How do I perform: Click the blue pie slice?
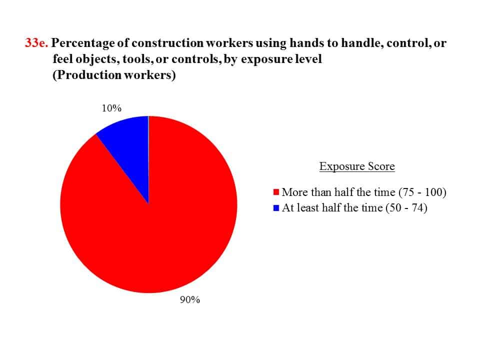pyautogui.click(x=128, y=147)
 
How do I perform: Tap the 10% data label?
pyautogui.click(x=111, y=108)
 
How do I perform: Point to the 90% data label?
pyautogui.click(x=190, y=299)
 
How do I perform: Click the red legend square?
pyautogui.click(x=276, y=192)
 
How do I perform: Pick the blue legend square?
pyautogui.click(x=276, y=208)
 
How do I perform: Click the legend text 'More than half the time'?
pyautogui.click(x=338, y=192)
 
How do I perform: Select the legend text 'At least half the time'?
pyautogui.click(x=332, y=208)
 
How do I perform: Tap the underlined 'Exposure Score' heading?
pyautogui.click(x=357, y=166)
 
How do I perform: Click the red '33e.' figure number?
pyautogui.click(x=36, y=43)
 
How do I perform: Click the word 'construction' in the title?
pyautogui.click(x=167, y=43)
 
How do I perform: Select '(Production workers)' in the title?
pyautogui.click(x=114, y=75)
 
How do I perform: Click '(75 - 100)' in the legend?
pyautogui.click(x=422, y=192)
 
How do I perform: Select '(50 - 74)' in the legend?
pyautogui.click(x=406, y=208)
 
